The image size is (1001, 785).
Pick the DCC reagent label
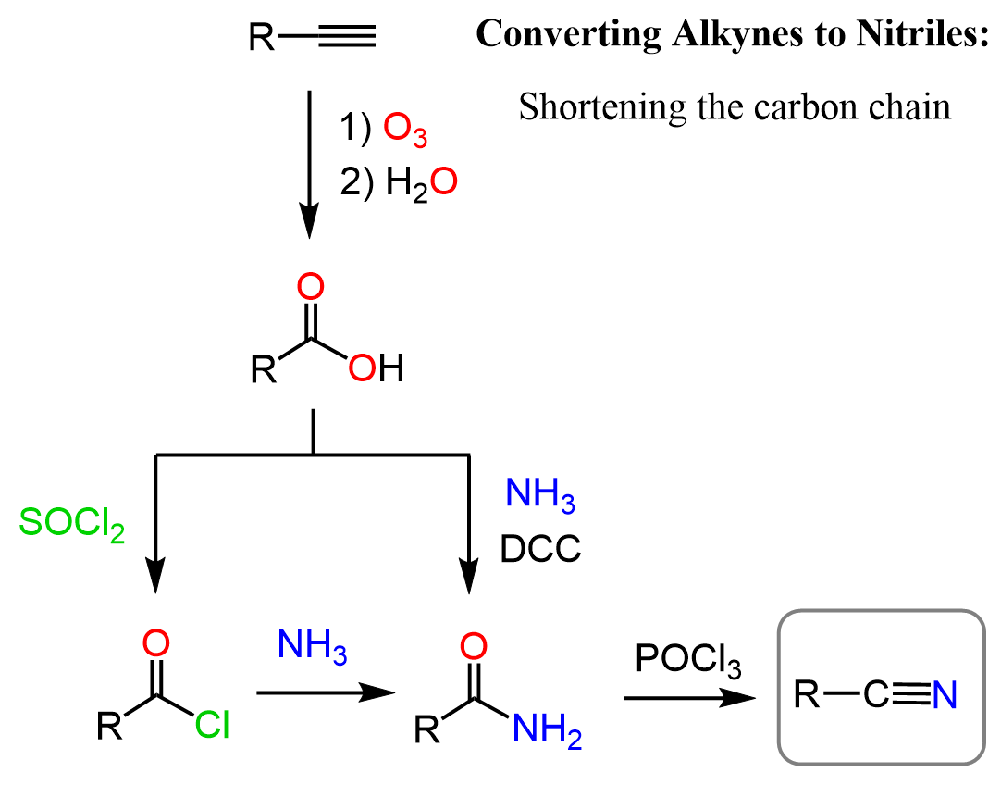click(540, 550)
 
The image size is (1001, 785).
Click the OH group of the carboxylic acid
click(376, 371)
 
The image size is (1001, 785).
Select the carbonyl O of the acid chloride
click(156, 642)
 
